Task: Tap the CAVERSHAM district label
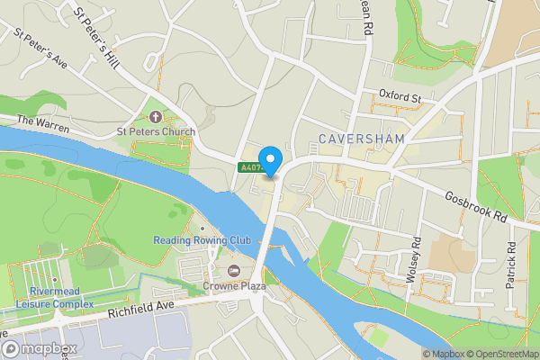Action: [x=362, y=139]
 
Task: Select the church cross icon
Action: [x=156, y=117]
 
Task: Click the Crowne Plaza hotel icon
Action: [x=235, y=271]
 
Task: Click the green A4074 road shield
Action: [x=252, y=167]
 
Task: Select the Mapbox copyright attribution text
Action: [x=443, y=354]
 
